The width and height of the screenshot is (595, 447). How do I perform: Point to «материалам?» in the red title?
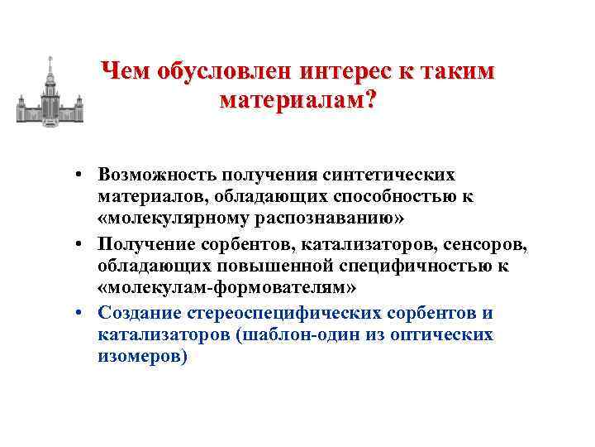click(x=297, y=101)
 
